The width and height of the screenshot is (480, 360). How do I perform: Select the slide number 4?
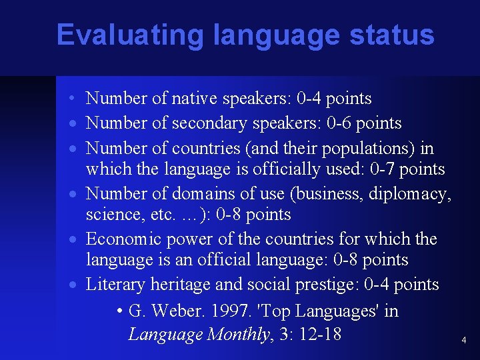[x=464, y=341]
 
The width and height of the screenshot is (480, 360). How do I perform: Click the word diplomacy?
[x=413, y=194]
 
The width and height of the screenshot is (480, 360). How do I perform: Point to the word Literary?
[x=115, y=285]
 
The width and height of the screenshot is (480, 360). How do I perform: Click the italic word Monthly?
[x=238, y=333]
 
